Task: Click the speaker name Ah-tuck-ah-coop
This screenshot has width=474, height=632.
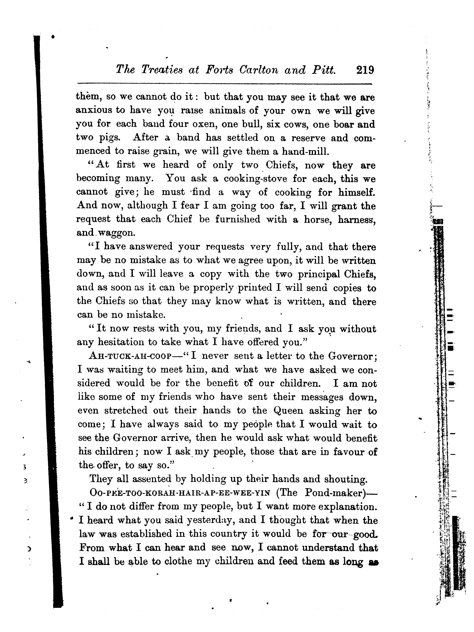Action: click(130, 356)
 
